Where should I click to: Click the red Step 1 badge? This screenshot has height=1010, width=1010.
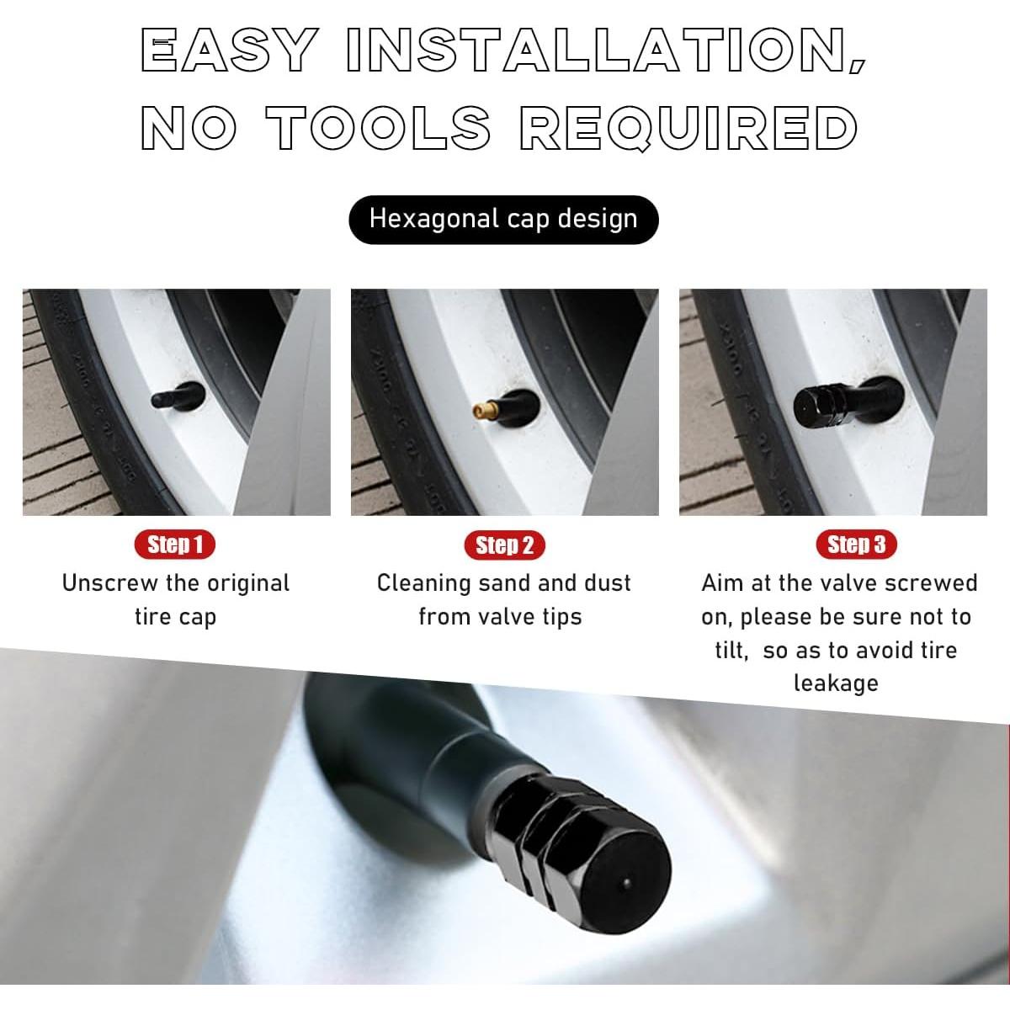coord(175,545)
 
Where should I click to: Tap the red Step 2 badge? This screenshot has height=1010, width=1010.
coord(504,545)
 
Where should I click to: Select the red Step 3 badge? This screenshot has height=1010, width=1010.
coord(856,545)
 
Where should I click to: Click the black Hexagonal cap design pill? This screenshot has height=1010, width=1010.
coord(503,220)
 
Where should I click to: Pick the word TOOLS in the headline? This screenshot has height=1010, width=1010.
coord(378,129)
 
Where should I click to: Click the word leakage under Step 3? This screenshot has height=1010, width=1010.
coord(835,683)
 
